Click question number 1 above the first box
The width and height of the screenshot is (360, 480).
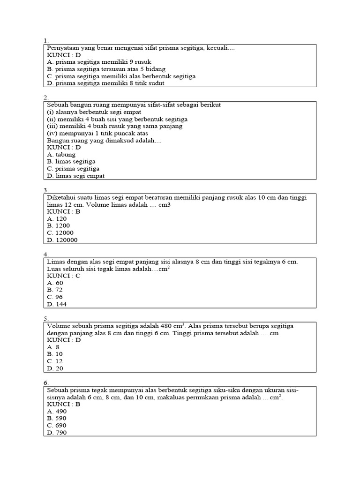pyautogui.click(x=45, y=41)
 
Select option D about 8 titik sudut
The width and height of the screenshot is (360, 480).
pyautogui.click(x=105, y=83)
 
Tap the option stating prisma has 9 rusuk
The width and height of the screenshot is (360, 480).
pyautogui.click(x=99, y=61)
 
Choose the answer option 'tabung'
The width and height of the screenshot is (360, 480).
pyautogui.click(x=61, y=154)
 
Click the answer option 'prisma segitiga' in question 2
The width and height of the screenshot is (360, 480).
pyautogui.click(x=73, y=169)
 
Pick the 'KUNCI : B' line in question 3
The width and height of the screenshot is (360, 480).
pyautogui.click(x=64, y=211)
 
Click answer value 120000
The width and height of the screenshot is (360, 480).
pyautogui.click(x=62, y=240)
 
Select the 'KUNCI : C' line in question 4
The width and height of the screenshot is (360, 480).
pyautogui.click(x=64, y=276)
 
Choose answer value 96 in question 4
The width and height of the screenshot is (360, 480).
pyautogui.click(x=55, y=297)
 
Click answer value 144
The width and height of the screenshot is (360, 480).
pyautogui.click(x=57, y=304)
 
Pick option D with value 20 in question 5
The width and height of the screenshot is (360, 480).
pyautogui.click(x=55, y=368)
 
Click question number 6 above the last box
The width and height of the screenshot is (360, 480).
pyautogui.click(x=45, y=383)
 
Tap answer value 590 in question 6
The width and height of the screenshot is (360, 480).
pyautogui.click(x=57, y=418)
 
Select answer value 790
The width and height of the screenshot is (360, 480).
pyautogui.click(x=57, y=433)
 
